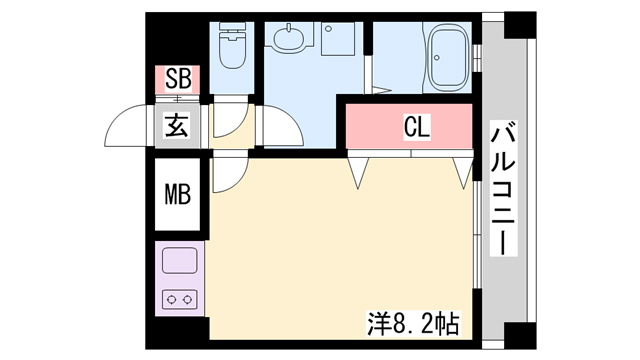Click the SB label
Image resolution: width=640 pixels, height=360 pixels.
click(x=178, y=79)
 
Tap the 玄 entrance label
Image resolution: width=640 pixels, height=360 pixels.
click(x=178, y=125)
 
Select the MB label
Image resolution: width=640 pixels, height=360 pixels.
click(x=178, y=195)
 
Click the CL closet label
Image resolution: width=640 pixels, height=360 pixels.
click(x=417, y=127)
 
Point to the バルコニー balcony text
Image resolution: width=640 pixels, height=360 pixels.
click(x=503, y=188)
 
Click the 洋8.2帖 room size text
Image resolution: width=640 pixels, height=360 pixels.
click(x=413, y=324)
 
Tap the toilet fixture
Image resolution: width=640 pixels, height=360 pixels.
click(x=232, y=45)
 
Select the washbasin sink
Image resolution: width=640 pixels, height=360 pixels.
click(x=289, y=39)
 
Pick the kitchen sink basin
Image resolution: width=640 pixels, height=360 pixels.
click(x=180, y=260)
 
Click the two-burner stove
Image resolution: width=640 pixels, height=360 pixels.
click(x=180, y=300)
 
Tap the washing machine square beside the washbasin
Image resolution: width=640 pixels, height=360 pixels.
click(x=338, y=39)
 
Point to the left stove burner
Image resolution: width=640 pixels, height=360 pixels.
click(x=171, y=300)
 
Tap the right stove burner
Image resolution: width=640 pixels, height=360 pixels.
click(x=187, y=300)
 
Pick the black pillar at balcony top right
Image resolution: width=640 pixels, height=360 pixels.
click(x=520, y=25)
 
